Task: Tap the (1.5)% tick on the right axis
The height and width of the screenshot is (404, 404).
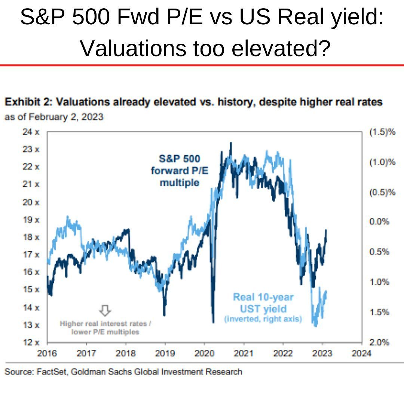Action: pos(382,132)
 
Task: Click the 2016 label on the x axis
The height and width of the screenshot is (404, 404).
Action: pos(47,353)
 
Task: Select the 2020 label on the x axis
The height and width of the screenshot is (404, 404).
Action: pos(205,353)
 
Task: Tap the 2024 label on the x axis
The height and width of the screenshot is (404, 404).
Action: pos(361,353)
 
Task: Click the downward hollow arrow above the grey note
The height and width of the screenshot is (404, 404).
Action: pos(105,310)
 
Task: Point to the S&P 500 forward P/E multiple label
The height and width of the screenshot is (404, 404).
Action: pos(180,171)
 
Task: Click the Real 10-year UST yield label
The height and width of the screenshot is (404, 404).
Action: pos(263,303)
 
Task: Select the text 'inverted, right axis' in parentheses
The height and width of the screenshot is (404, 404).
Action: pos(263,319)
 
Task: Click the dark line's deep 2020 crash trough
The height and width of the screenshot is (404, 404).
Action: pos(213,322)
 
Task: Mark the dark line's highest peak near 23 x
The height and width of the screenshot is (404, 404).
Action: pos(230,143)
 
